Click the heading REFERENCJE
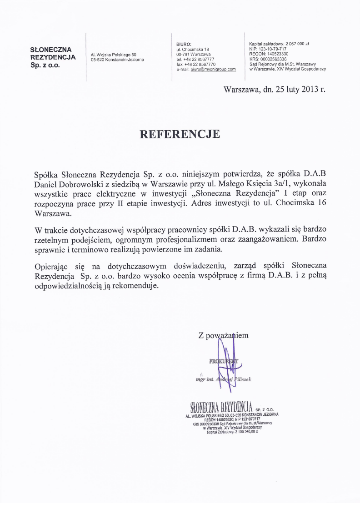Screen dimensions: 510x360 point(180,134)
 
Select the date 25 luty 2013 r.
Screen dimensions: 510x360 point(300,89)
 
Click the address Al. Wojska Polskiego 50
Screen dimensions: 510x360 point(114,54)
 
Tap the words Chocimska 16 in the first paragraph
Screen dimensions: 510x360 point(302,203)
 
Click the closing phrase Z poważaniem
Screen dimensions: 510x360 point(223,336)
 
